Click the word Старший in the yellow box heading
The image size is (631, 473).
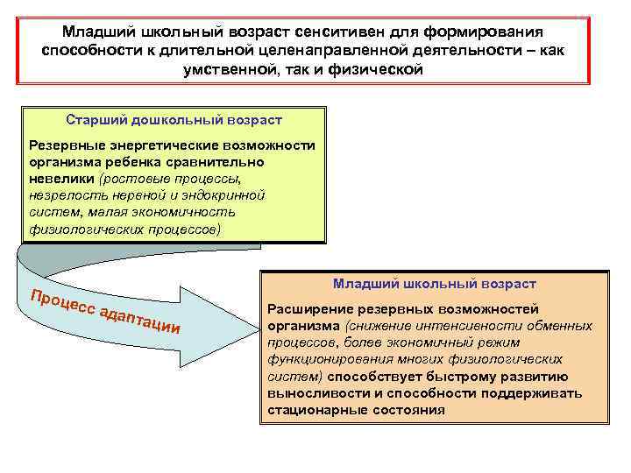[95, 119]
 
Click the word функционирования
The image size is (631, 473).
[331, 359]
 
